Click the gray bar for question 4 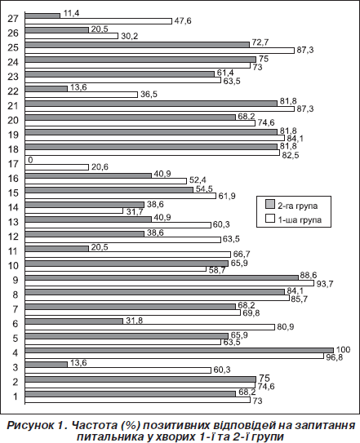click(x=180, y=350)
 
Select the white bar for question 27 click(x=99, y=21)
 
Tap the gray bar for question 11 click(x=57, y=249)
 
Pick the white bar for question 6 click(x=150, y=327)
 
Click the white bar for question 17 click(x=57, y=167)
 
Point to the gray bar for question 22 click(x=47, y=89)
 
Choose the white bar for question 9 click(x=170, y=283)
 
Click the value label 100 click(x=343, y=350)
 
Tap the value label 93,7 click(x=325, y=284)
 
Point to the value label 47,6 click(x=183, y=21)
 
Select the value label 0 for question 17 click(x=30, y=160)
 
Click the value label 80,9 click(x=286, y=327)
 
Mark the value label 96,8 click(x=334, y=357)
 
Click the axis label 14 click(x=13, y=207)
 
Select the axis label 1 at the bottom click(x=16, y=396)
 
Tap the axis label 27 click(x=13, y=19)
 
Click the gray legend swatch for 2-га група click(x=270, y=204)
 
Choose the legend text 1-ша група click(x=300, y=219)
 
